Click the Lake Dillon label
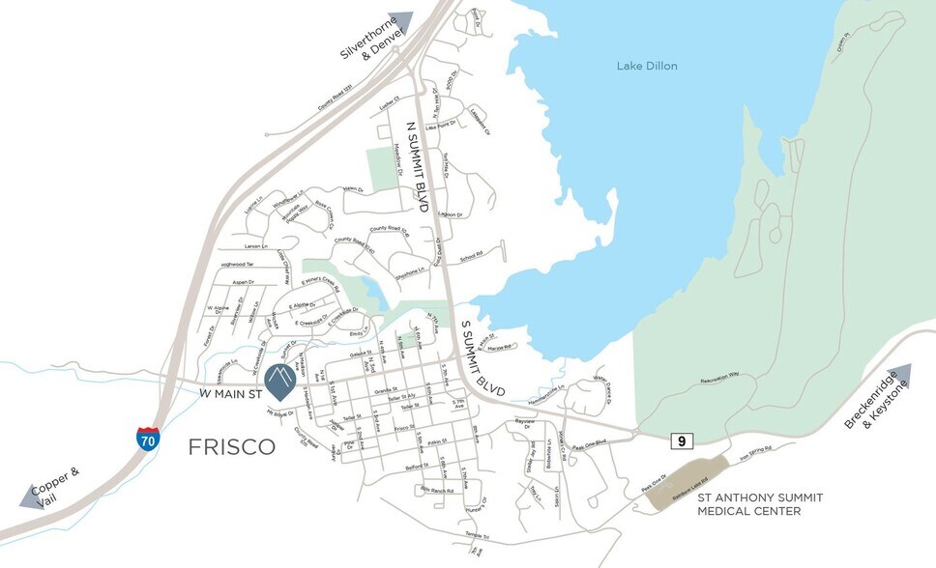pos(647,66)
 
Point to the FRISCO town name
pos(231,446)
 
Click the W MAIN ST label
pos(231,394)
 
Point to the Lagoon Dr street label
pos(451,214)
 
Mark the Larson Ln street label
pos(256,247)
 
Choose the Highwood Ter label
pos(236,264)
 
